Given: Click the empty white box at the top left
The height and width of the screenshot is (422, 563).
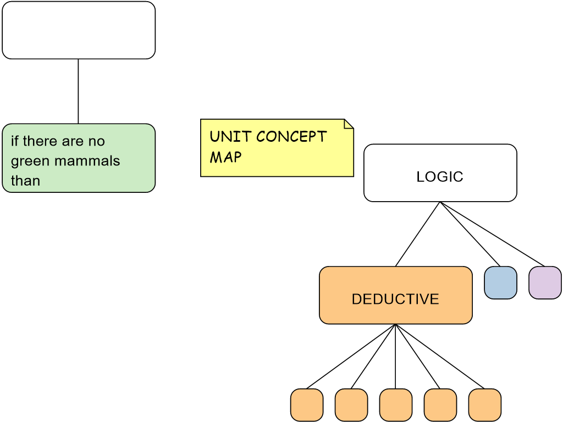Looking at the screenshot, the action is point(79,30).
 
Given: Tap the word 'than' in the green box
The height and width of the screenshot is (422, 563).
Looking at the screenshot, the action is point(25,180).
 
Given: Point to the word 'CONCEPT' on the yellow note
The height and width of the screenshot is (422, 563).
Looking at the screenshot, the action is point(291,136).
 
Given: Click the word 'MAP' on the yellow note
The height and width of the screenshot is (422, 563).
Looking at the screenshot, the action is point(225,157).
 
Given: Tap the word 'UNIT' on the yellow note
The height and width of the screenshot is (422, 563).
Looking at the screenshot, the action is point(230,136).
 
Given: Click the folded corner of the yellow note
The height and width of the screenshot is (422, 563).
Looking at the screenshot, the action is point(349,124).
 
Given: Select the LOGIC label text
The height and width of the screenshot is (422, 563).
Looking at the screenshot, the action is point(440,176).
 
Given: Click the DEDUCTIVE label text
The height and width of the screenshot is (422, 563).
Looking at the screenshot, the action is point(395,299).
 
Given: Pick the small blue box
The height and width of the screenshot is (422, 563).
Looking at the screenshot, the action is point(500,282).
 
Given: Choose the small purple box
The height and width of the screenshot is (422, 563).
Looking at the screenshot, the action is point(545,282).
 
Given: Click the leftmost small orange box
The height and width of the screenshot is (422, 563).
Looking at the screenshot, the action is point(307,405).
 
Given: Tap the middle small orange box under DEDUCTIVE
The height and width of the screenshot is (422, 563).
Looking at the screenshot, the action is point(396,405).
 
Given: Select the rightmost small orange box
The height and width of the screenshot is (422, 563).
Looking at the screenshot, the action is point(485,405).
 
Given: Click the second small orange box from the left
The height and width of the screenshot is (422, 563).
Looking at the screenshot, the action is point(351,405).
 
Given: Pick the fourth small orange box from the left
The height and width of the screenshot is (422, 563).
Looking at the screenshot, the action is point(440,405).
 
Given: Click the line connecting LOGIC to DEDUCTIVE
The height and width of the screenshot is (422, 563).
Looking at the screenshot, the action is point(418,234).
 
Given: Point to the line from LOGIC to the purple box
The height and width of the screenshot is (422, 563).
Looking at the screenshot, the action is point(493,234).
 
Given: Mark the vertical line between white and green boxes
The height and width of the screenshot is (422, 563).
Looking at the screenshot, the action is point(78,92).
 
